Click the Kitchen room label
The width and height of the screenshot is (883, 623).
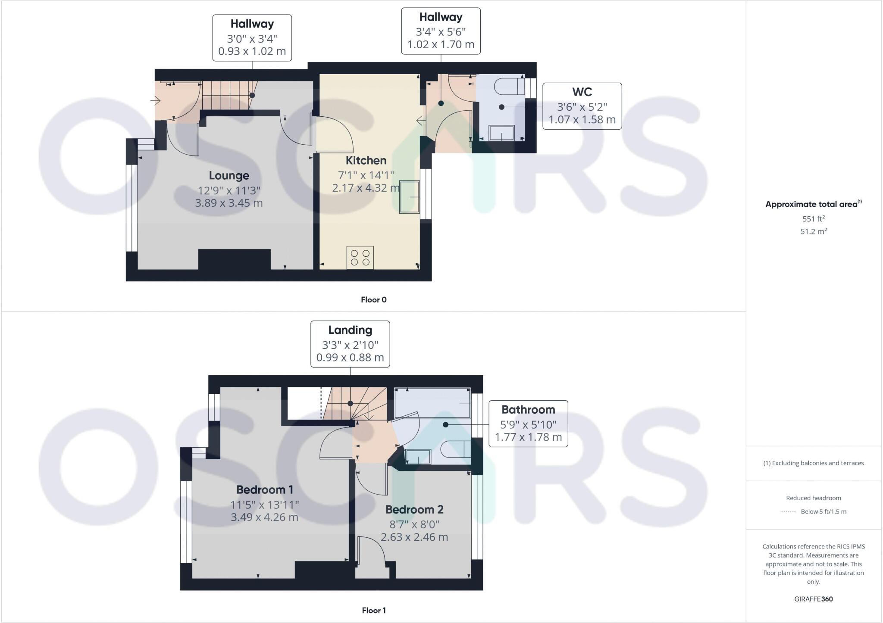(x=366, y=160)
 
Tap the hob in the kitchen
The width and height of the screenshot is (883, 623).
(x=360, y=257)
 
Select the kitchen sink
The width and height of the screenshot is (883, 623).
(x=409, y=197)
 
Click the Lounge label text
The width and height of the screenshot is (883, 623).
(x=229, y=175)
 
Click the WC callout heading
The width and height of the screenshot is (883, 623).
(x=582, y=92)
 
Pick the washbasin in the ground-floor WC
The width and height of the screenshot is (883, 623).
(x=501, y=133)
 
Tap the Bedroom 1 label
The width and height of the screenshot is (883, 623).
(x=265, y=489)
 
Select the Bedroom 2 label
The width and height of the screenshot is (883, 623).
(x=414, y=509)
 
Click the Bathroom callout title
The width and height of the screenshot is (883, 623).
(x=528, y=409)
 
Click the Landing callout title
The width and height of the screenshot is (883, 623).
(x=350, y=330)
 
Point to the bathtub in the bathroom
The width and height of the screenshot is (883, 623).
(x=432, y=403)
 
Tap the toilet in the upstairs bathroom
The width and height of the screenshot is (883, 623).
(x=455, y=449)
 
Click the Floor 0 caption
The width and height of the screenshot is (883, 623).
(x=373, y=300)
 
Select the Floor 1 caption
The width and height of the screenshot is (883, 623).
(x=373, y=610)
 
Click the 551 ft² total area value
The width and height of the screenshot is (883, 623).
(x=813, y=219)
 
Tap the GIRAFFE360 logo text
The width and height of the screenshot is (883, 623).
(x=813, y=599)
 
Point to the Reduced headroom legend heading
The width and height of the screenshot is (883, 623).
(x=813, y=498)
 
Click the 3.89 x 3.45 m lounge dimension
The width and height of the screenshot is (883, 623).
(x=229, y=203)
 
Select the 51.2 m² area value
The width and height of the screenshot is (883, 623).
(x=813, y=231)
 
